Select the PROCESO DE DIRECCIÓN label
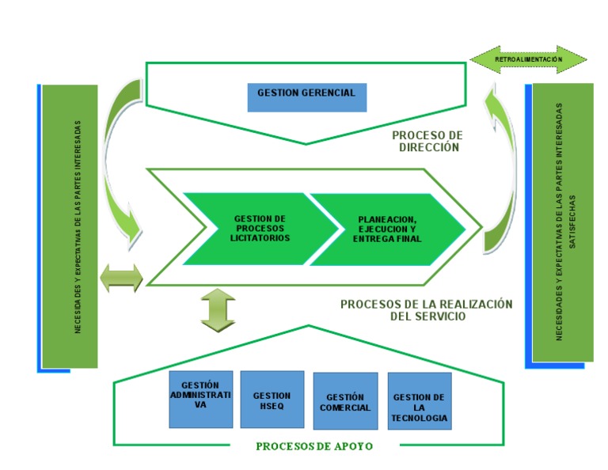click(427, 141)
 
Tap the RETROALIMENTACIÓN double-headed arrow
click(528, 59)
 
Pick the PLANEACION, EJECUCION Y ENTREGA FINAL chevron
click(388, 229)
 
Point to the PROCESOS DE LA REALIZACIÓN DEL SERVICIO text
click(427, 309)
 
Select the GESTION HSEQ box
click(272, 400)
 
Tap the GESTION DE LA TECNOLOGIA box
click(419, 402)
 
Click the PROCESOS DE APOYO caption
click(314, 446)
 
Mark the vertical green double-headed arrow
click(218, 309)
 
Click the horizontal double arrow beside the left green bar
click(121, 278)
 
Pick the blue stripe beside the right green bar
click(528, 226)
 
